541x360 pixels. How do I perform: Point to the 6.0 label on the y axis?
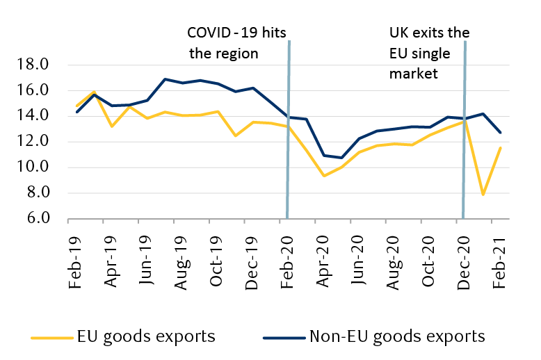click(x=35, y=218)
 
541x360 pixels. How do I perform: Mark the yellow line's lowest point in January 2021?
click(x=483, y=195)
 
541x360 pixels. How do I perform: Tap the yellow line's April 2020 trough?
click(x=324, y=175)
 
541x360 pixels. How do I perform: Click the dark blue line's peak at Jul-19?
click(x=165, y=79)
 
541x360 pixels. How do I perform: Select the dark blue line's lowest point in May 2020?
click(x=341, y=158)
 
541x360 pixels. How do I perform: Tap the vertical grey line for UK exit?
click(x=464, y=139)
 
